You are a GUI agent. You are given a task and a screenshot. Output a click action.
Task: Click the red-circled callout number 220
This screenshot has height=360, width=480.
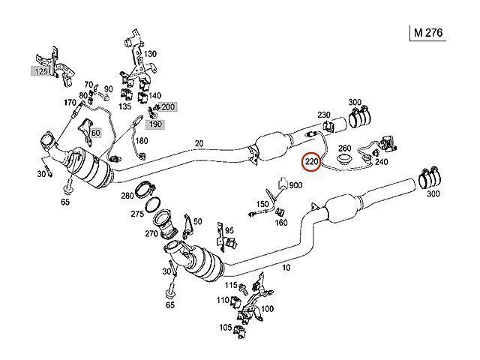click(x=312, y=160)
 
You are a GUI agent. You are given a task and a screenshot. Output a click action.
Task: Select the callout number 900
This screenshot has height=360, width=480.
click(x=295, y=185)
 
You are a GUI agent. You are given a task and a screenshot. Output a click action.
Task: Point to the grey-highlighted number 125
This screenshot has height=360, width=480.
click(x=39, y=71)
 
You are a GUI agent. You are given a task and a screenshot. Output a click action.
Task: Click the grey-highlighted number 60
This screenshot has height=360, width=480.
click(x=95, y=133)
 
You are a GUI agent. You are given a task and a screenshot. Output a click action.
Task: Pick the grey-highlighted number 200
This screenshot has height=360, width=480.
click(x=168, y=108)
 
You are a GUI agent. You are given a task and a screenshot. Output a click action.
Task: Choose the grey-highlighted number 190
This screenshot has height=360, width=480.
click(x=155, y=123)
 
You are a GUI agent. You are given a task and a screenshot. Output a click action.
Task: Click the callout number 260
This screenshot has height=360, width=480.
click(x=346, y=148)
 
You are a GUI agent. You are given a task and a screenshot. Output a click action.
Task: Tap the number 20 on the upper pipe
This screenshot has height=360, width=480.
click(x=199, y=144)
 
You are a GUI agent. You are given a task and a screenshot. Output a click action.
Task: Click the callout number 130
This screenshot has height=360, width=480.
click(x=151, y=54)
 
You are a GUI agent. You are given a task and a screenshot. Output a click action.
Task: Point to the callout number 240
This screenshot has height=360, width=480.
click(x=382, y=160)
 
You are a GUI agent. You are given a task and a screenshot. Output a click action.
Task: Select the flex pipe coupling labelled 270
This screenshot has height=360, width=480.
click(x=163, y=223)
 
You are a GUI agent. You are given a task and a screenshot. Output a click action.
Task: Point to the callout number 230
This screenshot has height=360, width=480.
click(x=324, y=115)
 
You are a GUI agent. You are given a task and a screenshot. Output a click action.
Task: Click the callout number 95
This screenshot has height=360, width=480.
click(x=229, y=230)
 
